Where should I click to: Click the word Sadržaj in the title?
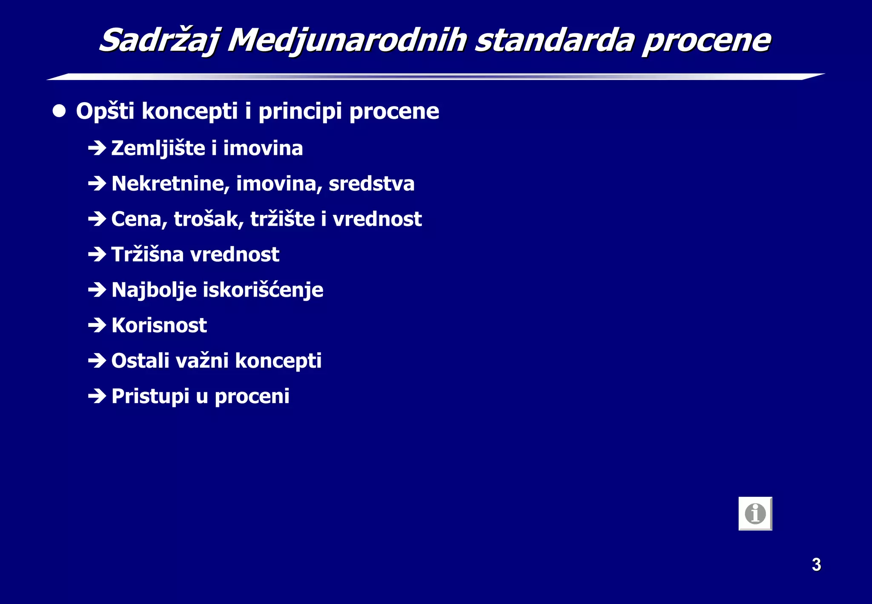click(x=159, y=40)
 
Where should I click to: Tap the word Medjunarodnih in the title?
click(x=347, y=40)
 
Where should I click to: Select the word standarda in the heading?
click(x=554, y=40)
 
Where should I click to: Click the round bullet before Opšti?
click(x=59, y=112)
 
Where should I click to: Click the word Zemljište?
click(x=158, y=148)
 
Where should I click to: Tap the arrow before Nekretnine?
click(x=97, y=183)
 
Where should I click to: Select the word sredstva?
click(x=371, y=183)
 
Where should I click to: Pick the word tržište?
click(x=282, y=219)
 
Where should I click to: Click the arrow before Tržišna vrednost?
click(x=97, y=255)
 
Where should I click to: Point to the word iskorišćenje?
click(x=263, y=290)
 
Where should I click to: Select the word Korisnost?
click(x=159, y=325)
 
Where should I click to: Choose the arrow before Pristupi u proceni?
click(x=97, y=396)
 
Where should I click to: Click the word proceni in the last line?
click(x=252, y=396)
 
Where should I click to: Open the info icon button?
click(x=755, y=513)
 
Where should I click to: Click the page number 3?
click(x=816, y=564)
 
